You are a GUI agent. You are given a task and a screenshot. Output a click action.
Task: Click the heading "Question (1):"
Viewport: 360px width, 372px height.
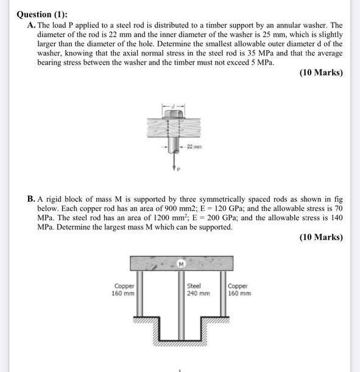tap(42, 14)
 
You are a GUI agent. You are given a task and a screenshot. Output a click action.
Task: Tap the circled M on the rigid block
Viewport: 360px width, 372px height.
tap(181, 263)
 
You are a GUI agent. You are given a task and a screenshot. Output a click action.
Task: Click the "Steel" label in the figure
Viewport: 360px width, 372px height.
tap(194, 285)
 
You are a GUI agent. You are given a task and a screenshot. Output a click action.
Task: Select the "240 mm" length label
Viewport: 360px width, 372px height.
tap(198, 293)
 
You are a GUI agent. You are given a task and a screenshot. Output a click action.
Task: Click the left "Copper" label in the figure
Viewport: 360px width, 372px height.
tap(124, 285)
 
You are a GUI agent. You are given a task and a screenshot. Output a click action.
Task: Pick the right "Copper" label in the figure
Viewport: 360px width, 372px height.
tap(238, 285)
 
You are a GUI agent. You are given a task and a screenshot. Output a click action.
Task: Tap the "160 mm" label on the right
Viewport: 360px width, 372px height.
tap(239, 293)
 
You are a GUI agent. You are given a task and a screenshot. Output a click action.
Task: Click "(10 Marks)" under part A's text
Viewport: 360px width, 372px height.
tap(321, 73)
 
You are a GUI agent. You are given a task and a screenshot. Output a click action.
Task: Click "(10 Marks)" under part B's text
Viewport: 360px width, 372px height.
tap(321, 237)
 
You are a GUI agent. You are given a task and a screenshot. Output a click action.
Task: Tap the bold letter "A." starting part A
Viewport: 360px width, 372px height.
tap(32, 26)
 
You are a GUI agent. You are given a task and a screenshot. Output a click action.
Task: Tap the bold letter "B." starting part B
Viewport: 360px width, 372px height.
tap(31, 199)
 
